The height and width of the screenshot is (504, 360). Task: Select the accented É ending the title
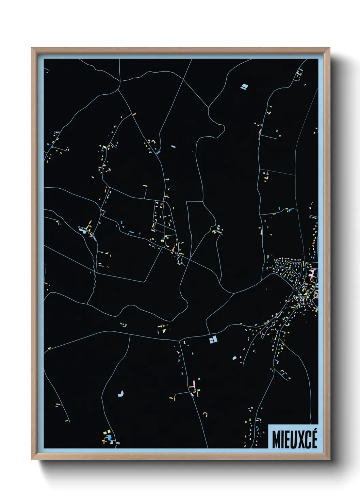pos(314,439)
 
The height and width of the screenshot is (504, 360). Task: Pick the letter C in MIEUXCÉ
pos(307,440)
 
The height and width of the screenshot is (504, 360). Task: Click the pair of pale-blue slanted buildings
pos(244,87)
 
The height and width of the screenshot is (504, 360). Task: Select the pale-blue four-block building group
pos(213,340)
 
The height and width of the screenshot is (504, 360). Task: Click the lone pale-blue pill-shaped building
pos(173,147)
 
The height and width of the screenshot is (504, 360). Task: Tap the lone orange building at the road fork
pos(134,114)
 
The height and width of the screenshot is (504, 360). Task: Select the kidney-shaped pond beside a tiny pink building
pos(234,358)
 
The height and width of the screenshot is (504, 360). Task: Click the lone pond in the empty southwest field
pos(120,394)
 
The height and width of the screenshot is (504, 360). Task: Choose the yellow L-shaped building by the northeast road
pos(269,112)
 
